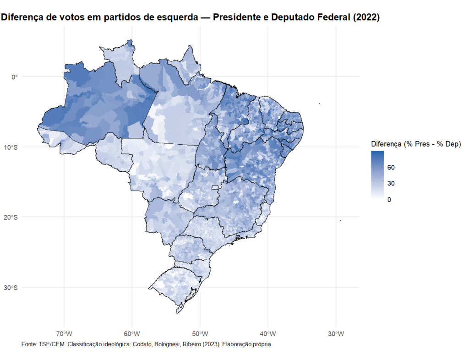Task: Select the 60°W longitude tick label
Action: [132, 333]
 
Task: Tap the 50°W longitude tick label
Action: [200, 333]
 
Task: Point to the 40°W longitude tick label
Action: [268, 333]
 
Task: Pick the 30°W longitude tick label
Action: [336, 333]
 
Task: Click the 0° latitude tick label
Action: [14, 76]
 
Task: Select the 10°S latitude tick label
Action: [11, 147]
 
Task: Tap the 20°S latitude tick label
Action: [11, 217]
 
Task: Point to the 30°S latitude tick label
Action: [11, 288]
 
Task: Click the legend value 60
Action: [391, 168]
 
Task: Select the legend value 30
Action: [391, 183]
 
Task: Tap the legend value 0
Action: [389, 199]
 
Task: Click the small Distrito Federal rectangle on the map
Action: [215, 187]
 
